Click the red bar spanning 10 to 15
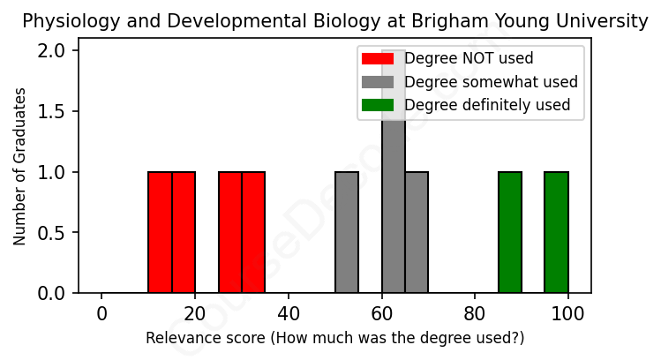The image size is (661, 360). [x=160, y=232]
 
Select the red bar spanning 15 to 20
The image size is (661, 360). [x=184, y=232]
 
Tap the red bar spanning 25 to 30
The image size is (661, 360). [x=230, y=232]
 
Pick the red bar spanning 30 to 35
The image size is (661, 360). [x=253, y=232]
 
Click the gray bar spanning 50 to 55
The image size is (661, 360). [x=347, y=232]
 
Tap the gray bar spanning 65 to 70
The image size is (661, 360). [x=417, y=232]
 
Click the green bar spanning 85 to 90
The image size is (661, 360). [x=510, y=232]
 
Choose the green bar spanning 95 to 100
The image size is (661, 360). [x=556, y=232]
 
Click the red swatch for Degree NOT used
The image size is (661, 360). [x=378, y=59]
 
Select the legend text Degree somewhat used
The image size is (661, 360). [x=491, y=82]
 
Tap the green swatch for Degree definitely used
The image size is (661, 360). [x=378, y=105]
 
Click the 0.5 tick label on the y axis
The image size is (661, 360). [x=56, y=232]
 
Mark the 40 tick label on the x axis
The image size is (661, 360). [x=289, y=312]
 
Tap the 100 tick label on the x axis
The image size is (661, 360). [x=567, y=312]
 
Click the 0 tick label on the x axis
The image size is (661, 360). [x=101, y=312]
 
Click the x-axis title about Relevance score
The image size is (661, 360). [x=334, y=338]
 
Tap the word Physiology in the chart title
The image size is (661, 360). [x=64, y=21]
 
